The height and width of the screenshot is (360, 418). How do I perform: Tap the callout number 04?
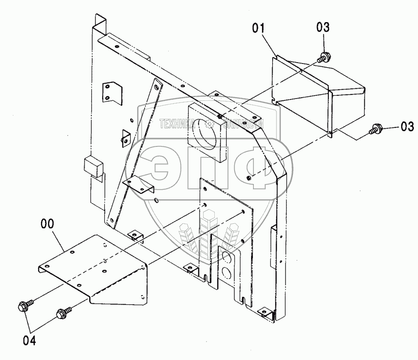point(29,341)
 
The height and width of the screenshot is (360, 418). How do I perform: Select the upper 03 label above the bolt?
point(323,27)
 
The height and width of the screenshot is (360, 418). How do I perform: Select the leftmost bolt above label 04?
point(24,305)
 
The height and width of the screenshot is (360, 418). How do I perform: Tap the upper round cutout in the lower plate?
point(226,256)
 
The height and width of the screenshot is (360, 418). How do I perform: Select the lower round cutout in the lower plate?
point(226,274)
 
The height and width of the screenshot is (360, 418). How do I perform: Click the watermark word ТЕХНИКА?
point(181,123)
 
